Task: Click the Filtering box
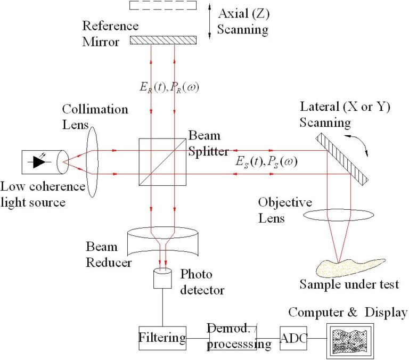[x=162, y=338]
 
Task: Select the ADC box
[x=293, y=338]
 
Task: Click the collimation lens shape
[x=91, y=161]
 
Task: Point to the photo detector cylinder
[x=162, y=278]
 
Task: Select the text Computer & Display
[x=348, y=312]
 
